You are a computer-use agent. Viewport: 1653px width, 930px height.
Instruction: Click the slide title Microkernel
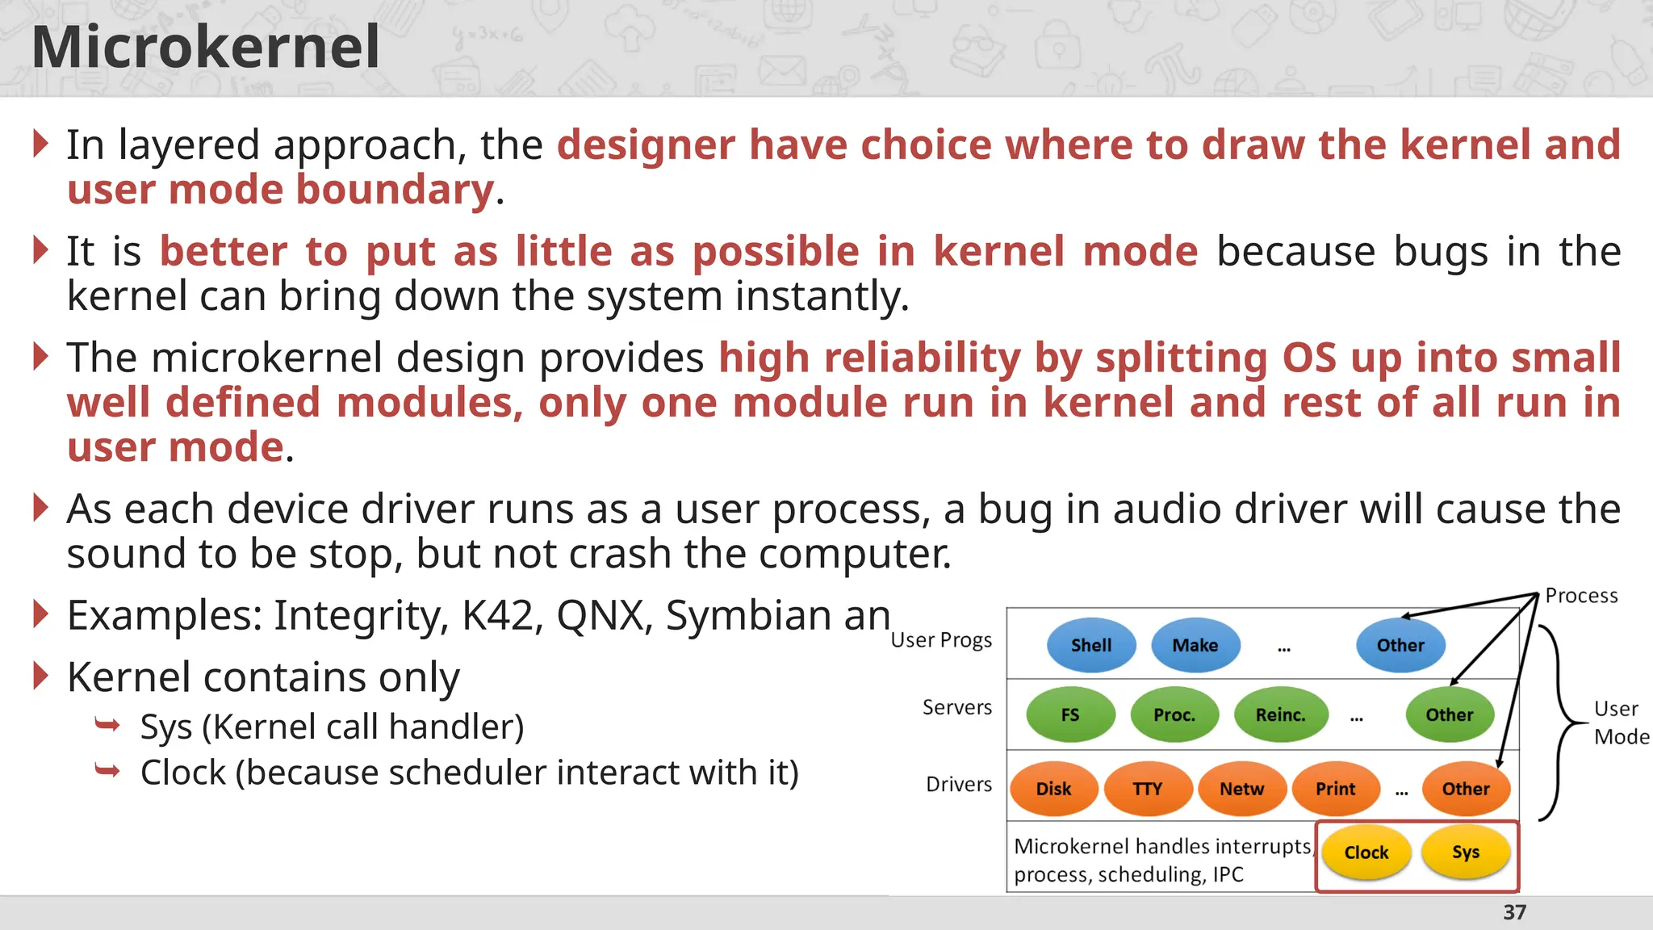click(205, 47)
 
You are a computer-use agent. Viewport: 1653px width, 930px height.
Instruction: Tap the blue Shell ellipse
click(1090, 645)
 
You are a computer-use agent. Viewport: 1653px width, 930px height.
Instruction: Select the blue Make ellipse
click(1195, 645)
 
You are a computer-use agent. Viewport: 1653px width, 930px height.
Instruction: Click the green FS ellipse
click(1069, 714)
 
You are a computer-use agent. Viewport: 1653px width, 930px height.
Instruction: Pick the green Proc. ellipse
click(1174, 714)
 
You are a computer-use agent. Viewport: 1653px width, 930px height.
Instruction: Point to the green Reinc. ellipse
click(1280, 714)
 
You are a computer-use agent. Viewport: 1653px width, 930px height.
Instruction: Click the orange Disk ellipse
click(1053, 789)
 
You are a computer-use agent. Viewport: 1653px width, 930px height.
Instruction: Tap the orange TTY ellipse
click(1147, 789)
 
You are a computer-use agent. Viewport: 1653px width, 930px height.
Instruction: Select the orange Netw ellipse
click(1241, 789)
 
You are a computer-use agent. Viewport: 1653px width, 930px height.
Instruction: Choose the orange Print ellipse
click(1335, 789)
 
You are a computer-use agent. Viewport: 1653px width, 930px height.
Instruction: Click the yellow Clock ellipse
click(1366, 852)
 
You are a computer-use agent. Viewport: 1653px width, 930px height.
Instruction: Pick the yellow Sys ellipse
click(1465, 852)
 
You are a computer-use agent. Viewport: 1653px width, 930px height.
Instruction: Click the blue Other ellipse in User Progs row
click(1400, 645)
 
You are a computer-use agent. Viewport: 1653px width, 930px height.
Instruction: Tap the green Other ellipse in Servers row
click(1449, 714)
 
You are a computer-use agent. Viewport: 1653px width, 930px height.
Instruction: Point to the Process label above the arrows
click(1581, 596)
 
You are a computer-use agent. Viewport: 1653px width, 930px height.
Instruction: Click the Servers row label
click(956, 707)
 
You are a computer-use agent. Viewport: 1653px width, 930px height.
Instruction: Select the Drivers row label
click(958, 784)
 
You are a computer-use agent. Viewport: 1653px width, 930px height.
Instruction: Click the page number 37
click(1514, 912)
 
